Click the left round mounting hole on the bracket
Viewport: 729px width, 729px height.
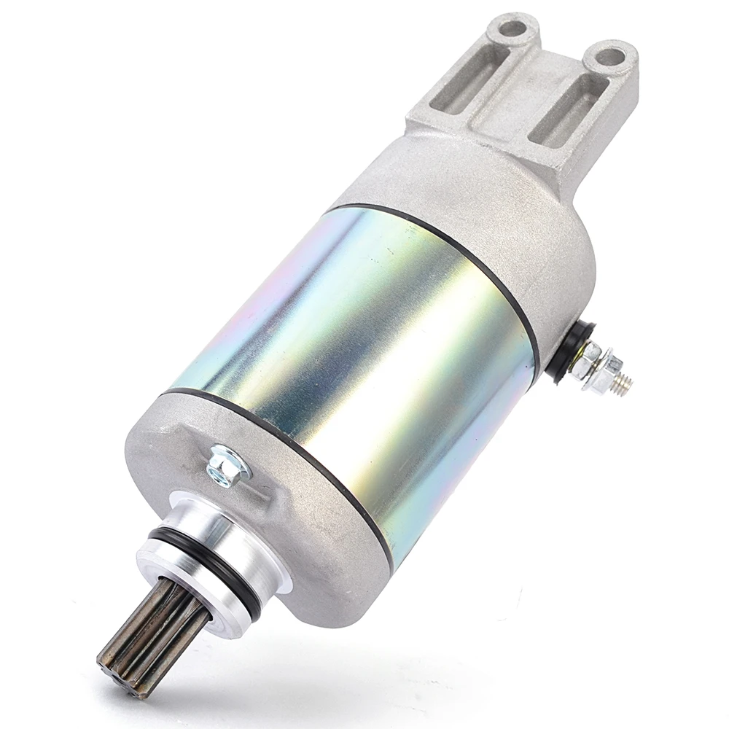click(512, 28)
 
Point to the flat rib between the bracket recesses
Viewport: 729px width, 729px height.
click(523, 98)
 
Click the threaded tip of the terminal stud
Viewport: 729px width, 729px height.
click(622, 386)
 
